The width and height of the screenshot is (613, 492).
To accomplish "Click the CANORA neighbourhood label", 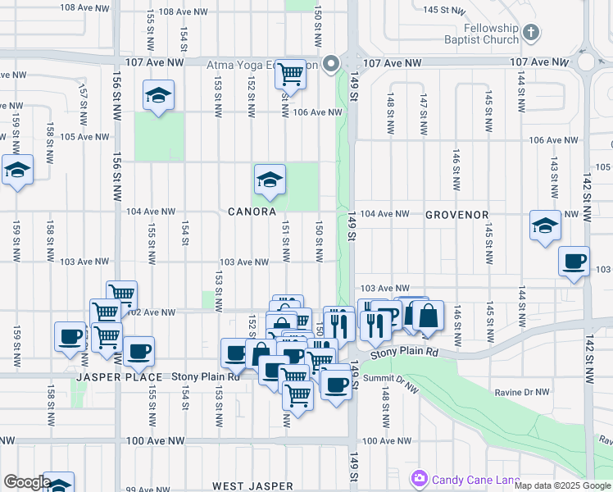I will coord(252,212).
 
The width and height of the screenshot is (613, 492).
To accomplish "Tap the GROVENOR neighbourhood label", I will coord(456,215).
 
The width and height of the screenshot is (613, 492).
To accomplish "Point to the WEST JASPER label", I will coord(252,486).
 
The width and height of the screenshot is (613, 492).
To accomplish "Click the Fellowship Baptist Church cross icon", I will coord(531,32).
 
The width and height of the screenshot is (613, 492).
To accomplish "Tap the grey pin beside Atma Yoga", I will coord(331,63).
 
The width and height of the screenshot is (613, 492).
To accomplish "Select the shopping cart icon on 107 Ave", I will coord(291,74).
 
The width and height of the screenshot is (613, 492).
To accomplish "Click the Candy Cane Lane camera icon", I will coord(420,477).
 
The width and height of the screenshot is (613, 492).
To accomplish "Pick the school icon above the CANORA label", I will coord(269,179).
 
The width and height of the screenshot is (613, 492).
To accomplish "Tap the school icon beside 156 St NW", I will coord(158,95).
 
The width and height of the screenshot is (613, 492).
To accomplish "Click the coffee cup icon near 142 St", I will coord(574,262).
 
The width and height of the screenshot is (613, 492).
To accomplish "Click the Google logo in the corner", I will coord(26,482).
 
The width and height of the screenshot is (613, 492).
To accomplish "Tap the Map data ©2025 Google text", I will coord(562,485).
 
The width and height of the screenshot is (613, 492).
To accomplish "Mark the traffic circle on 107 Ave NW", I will coord(586,62).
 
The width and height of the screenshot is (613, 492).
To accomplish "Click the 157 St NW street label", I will coord(83,99).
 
